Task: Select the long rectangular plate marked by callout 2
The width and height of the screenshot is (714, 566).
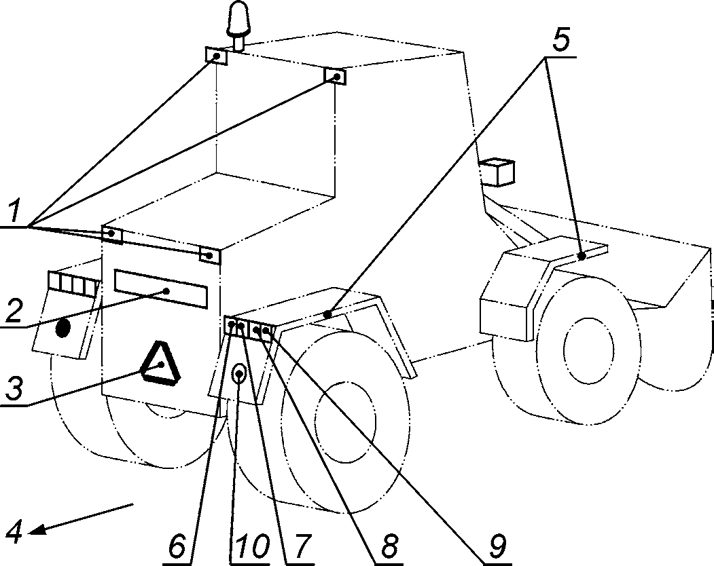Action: (x=161, y=288)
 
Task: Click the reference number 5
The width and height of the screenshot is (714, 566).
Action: (x=561, y=41)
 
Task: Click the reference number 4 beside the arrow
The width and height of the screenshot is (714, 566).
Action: (x=14, y=530)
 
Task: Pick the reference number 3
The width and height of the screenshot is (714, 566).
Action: (x=14, y=388)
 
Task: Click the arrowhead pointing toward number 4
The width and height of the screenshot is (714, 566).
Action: (x=38, y=529)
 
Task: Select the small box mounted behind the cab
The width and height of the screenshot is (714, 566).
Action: (x=498, y=172)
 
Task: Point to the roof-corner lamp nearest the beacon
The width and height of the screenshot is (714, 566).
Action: (x=216, y=56)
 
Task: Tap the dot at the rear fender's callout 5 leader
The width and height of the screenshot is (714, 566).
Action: (x=582, y=256)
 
